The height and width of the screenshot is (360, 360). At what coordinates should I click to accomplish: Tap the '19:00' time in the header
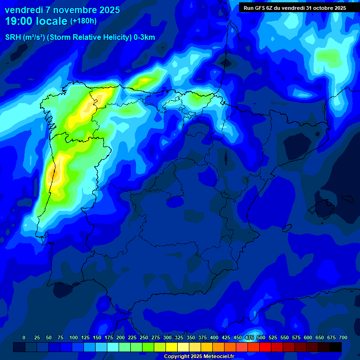[x=19, y=21]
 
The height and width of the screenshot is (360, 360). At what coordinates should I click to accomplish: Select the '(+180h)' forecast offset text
[x=83, y=21]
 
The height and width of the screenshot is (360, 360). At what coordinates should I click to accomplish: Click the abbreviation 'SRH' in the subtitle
[x=13, y=37]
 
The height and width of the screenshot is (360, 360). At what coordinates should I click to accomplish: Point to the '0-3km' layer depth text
[x=144, y=37]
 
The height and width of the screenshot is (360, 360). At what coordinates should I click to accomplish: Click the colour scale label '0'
[x=24, y=337]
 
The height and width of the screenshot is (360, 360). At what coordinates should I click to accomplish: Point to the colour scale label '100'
[x=74, y=337]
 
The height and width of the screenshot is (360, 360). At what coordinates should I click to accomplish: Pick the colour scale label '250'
[x=144, y=337]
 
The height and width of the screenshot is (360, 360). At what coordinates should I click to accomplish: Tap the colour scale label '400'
[x=214, y=337]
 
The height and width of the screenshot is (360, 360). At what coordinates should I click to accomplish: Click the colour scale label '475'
[x=249, y=337]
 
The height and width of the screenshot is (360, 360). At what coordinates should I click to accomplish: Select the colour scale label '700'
[x=343, y=337]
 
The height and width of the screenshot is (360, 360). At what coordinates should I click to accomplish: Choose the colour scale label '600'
[x=308, y=337]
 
